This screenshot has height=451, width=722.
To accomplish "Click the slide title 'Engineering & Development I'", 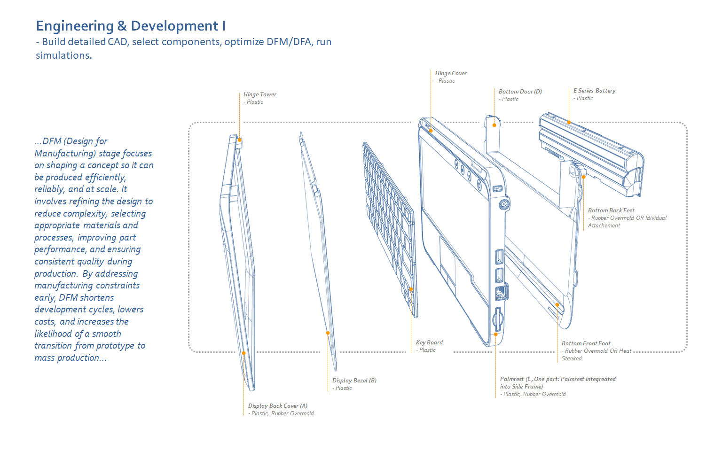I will point(131,26).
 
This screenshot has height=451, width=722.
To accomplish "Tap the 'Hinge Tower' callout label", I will point(259,94).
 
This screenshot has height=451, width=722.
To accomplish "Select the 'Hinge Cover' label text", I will point(451,73).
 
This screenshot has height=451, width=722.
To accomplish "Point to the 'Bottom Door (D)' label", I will point(520,92).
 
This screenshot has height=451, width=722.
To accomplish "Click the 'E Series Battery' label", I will point(594,91).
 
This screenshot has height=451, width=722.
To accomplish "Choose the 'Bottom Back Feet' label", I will point(611,210).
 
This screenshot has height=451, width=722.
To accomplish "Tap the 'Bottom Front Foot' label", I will point(586,343).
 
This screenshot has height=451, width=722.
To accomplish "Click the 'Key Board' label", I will point(429,342).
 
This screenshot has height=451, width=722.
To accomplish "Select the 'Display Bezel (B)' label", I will point(354,381).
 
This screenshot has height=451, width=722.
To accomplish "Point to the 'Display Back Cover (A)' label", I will point(277,406).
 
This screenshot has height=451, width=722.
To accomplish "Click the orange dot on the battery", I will point(569,122).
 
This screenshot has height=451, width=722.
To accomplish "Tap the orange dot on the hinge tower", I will point(239,140).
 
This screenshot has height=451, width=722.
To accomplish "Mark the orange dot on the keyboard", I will point(411,289).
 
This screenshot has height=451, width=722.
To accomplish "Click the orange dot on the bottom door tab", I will point(494,125).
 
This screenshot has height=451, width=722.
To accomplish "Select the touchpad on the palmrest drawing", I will point(447,254).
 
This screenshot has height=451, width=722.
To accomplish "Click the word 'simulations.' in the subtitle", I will point(63,55).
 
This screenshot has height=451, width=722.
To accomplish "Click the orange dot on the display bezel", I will point(328,333).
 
